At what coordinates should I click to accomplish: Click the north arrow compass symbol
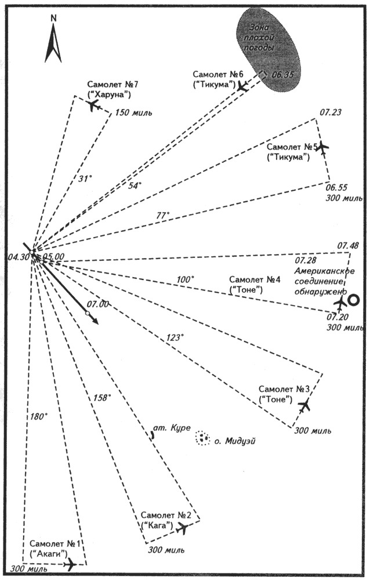coord(53,41)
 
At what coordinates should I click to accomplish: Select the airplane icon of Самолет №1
coord(70,564)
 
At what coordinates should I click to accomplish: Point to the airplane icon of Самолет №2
coord(183,527)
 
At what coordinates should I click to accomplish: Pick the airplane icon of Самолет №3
coord(303,405)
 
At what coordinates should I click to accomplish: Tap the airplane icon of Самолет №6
coord(244,86)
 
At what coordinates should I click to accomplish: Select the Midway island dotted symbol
coord(202,438)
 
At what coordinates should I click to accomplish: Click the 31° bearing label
coord(85,179)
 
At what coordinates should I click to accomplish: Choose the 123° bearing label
coord(175,337)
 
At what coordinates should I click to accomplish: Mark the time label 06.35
coord(284,75)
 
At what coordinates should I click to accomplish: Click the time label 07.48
coord(346,246)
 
